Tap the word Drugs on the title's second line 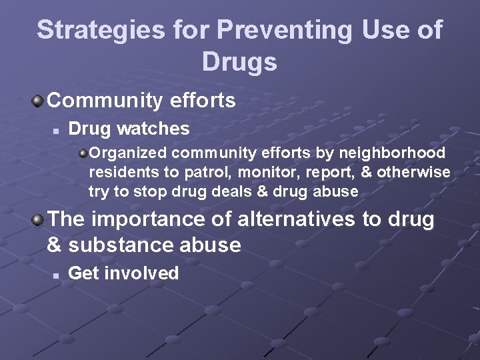[x=239, y=63]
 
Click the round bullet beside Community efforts [x=39, y=101]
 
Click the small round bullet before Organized [x=83, y=154]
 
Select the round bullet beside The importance [x=39, y=219]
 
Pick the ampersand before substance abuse [x=55, y=245]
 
